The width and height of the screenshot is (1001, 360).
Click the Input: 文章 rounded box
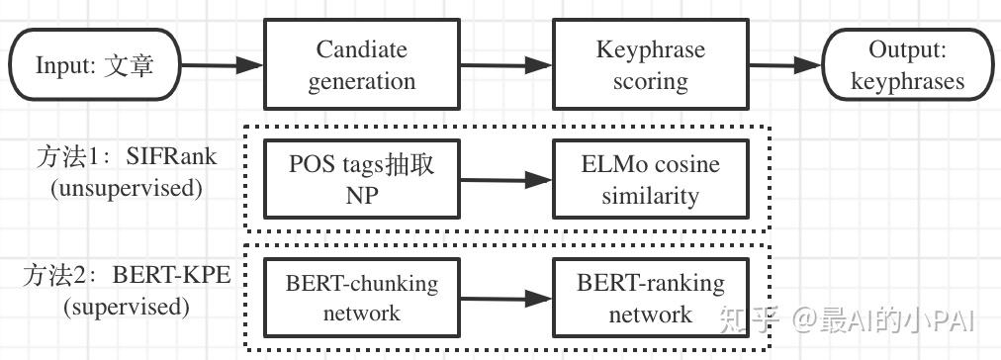pos(95,65)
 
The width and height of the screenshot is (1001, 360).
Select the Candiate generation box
pos(361,65)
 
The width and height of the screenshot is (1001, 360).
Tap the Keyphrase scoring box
pos(650,65)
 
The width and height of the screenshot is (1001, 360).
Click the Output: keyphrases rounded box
pos(907,65)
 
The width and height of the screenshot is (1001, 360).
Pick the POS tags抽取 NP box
pos(361,179)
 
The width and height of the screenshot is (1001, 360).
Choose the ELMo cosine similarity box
pos(650,179)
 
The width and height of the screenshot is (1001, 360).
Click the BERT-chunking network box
pos(361,298)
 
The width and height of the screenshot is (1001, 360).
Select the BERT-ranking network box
pos(650,298)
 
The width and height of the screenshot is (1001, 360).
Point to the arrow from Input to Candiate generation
pos(223,67)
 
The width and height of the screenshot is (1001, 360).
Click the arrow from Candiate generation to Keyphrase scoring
pos(504,65)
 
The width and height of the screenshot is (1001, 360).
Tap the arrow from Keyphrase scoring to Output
pos(786,66)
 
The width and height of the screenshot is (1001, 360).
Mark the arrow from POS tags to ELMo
pos(504,180)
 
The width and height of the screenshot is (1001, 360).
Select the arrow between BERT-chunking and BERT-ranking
pos(504,298)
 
